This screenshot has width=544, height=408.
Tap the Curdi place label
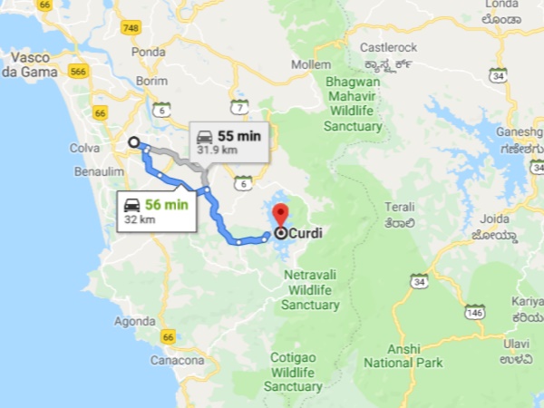306,233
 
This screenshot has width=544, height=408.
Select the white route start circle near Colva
134,141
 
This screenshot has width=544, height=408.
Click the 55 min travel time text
238,135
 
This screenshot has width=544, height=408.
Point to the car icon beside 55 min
205,136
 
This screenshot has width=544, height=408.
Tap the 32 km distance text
139,219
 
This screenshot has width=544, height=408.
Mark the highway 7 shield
239,107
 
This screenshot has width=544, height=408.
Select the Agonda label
135,321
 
